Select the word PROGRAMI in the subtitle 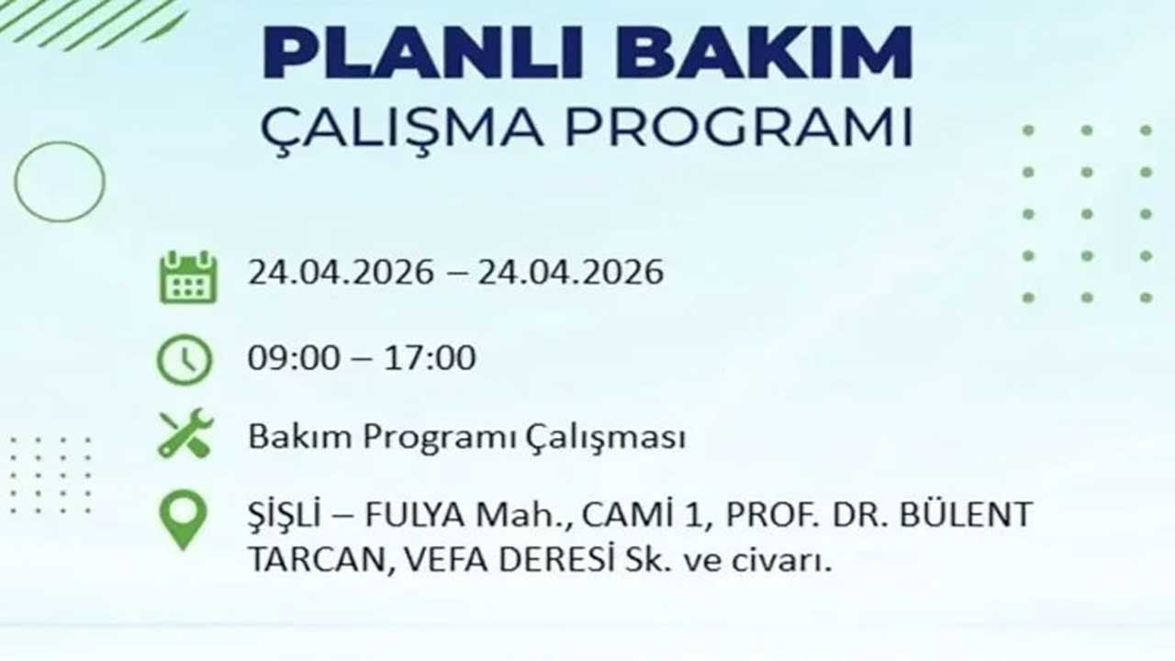point(738,128)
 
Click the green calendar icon point(187,277)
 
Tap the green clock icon point(184,360)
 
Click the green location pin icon point(183,519)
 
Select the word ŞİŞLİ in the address point(284,515)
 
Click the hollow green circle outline point(60,182)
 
